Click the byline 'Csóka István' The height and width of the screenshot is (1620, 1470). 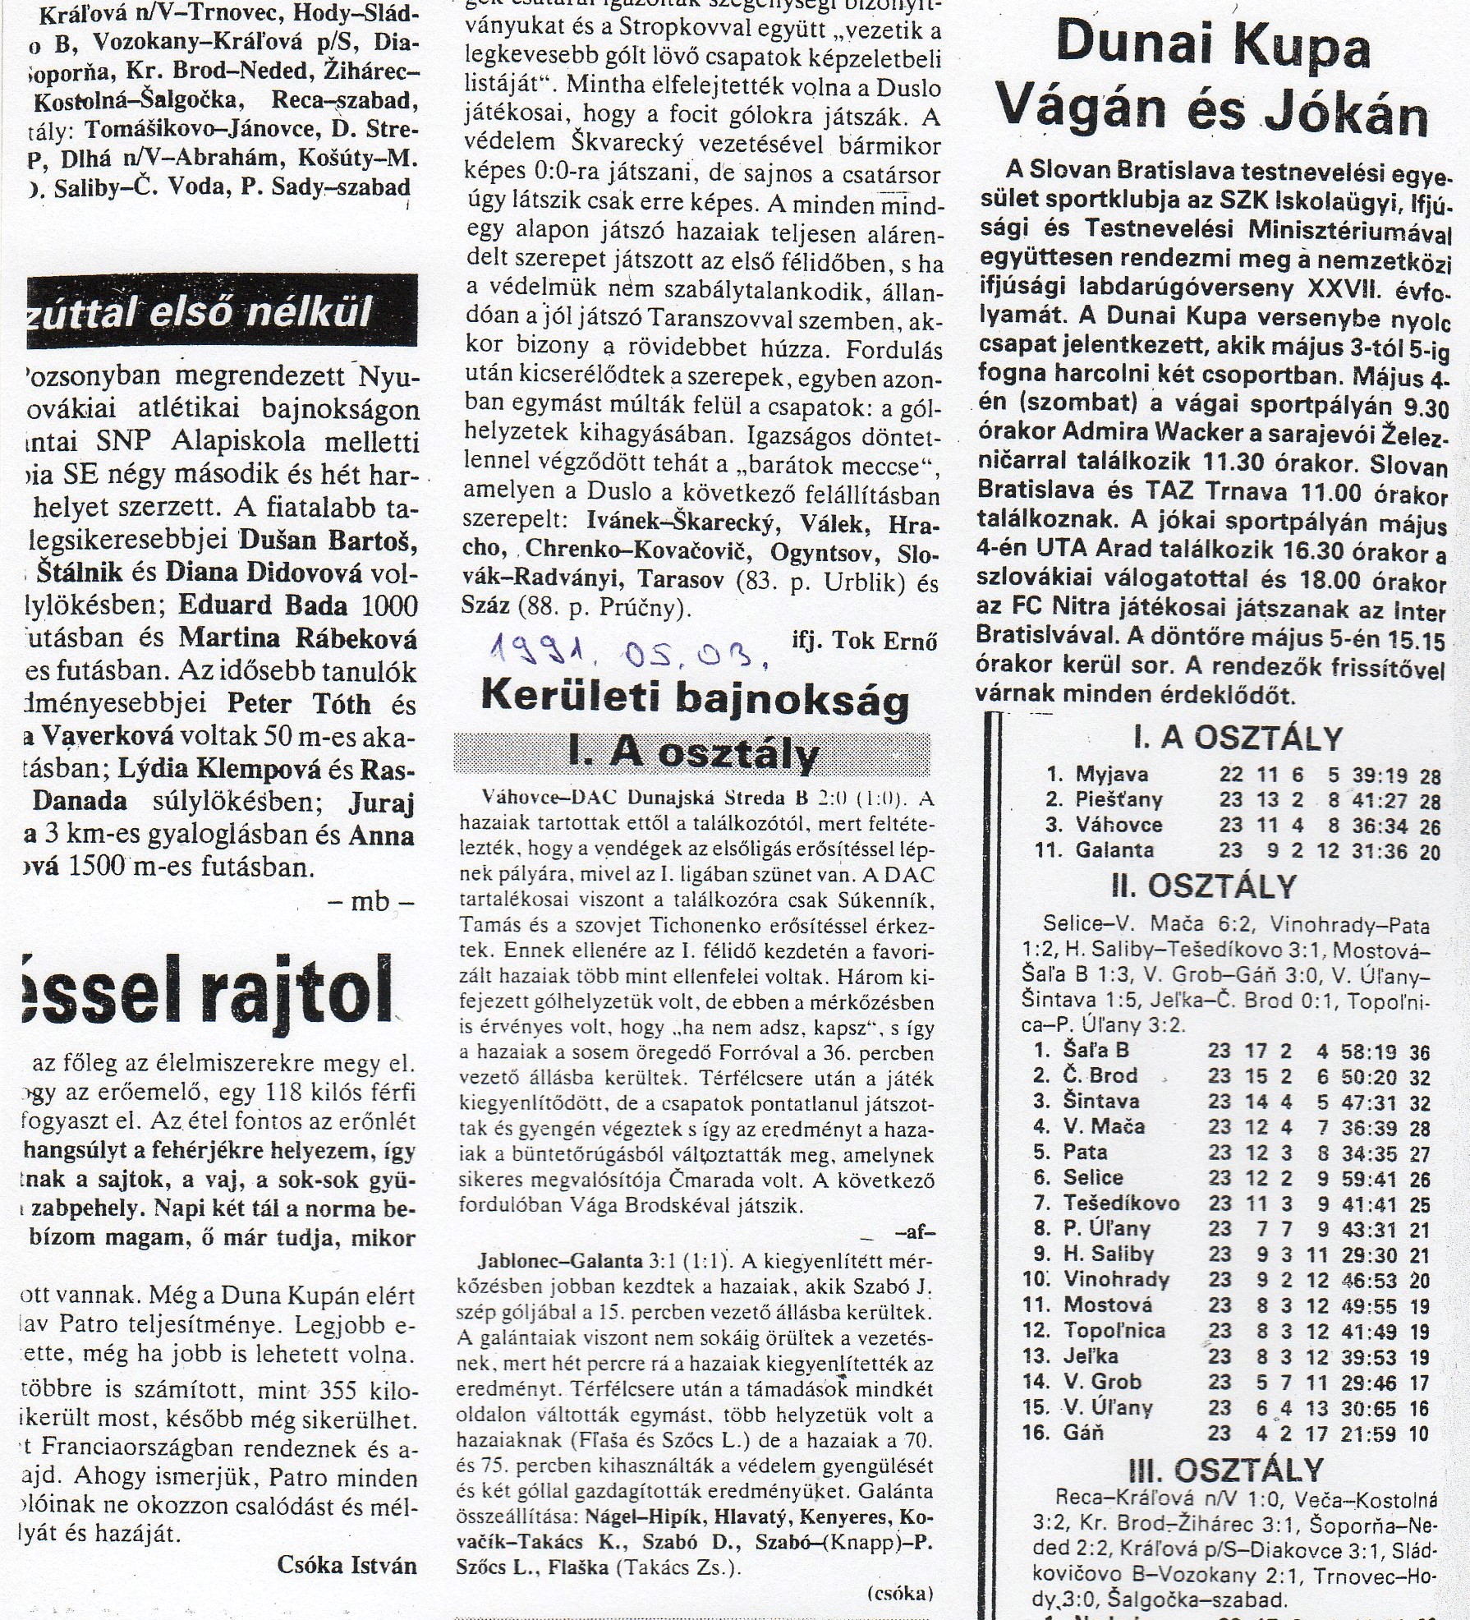tap(347, 1565)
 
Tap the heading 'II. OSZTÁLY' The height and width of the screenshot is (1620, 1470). tap(1204, 886)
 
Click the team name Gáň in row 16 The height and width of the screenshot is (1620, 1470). tap(1084, 1432)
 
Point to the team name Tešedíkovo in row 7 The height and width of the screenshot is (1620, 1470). tap(1121, 1203)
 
